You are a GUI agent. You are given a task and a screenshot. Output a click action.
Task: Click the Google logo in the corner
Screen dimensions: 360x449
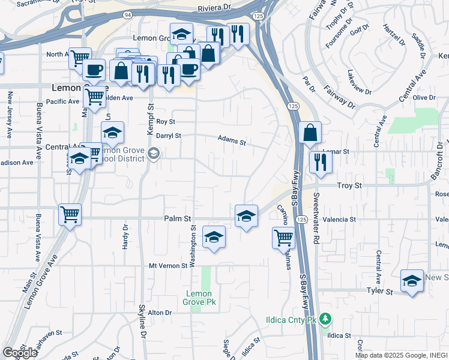coord(20,353)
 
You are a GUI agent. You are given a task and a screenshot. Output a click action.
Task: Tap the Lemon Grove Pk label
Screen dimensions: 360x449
coord(199,298)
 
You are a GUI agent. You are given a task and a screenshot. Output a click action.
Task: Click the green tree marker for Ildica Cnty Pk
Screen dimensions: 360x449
coord(325,318)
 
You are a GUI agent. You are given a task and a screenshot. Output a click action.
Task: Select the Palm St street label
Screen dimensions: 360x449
coord(177,220)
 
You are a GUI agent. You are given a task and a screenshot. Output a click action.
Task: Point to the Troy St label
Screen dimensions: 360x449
coord(349,187)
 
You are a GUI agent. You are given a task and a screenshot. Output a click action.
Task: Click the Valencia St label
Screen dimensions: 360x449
coord(339,220)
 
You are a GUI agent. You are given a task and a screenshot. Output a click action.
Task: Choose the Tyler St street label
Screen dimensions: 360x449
coord(379,292)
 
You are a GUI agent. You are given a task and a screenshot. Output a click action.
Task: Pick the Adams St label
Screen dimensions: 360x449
coord(232,140)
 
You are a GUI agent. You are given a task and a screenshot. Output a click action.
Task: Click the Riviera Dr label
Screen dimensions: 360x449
coord(214,8)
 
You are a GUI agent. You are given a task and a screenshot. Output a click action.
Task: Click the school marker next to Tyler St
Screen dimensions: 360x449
coord(412,281)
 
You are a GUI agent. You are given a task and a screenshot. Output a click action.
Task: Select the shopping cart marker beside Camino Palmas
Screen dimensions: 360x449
coord(283,237)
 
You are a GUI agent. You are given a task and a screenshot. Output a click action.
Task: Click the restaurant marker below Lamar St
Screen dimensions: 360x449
coord(320,162)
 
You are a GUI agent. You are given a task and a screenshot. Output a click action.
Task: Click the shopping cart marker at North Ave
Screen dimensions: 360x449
coord(79,58)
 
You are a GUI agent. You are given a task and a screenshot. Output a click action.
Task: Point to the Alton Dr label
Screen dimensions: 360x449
coord(160,313)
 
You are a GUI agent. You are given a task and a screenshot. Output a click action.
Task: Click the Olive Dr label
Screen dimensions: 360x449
coord(424,98)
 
